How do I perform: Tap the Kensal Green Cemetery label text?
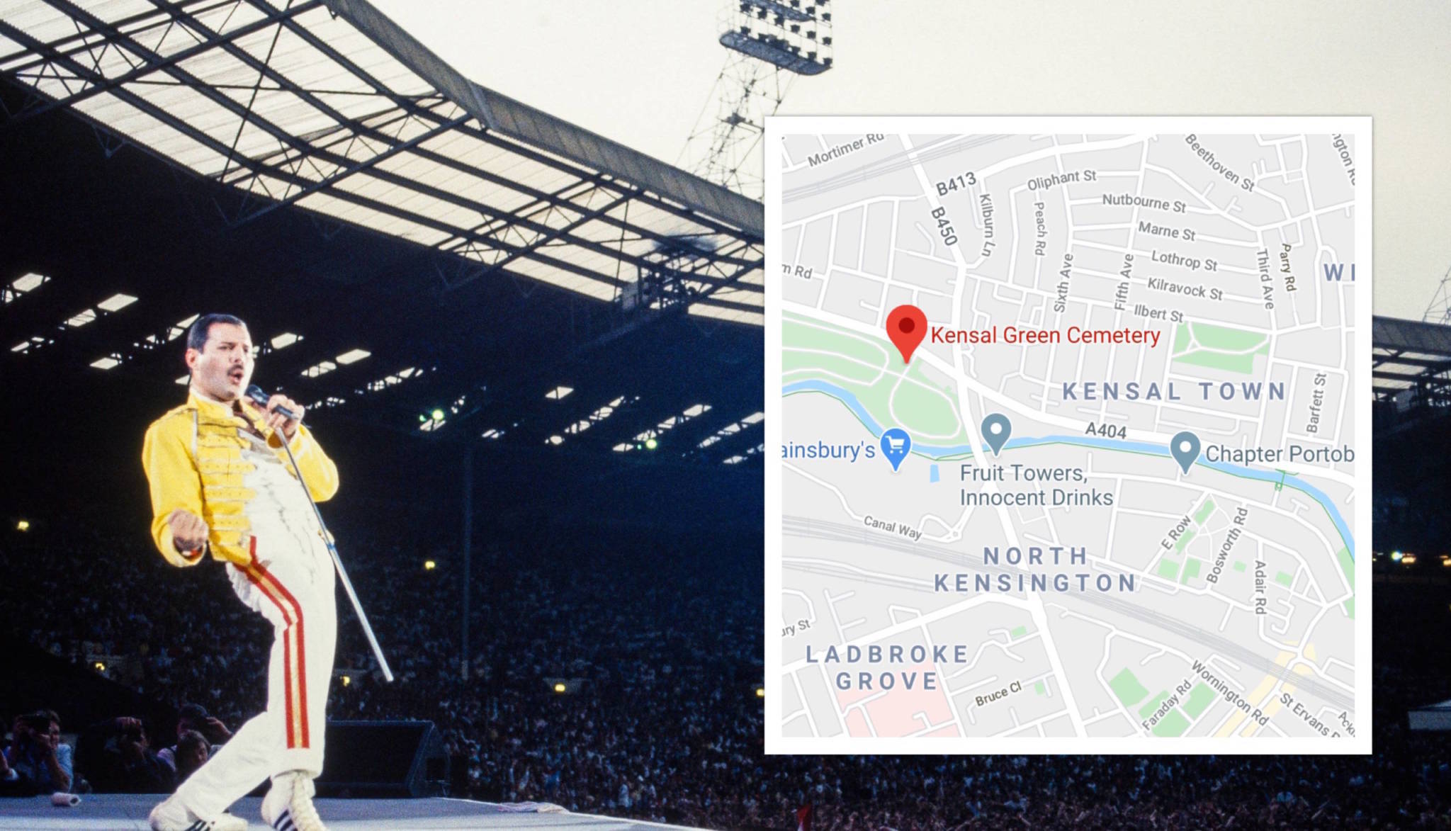tap(1045, 336)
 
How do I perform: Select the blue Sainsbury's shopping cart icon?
tap(896, 446)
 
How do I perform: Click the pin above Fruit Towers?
tap(996, 431)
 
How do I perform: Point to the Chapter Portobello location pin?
tap(1185, 450)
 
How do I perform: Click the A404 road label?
tap(1105, 430)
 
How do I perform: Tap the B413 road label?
tap(956, 183)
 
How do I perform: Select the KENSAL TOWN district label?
tap(1174, 391)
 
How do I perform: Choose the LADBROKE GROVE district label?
tap(887, 667)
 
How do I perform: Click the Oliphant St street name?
tap(1061, 180)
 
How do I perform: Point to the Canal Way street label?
tap(893, 526)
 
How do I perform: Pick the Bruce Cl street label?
tap(998, 694)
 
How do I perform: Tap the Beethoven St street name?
tap(1219, 163)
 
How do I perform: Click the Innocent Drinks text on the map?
tap(1036, 498)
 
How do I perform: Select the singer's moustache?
tap(236, 371)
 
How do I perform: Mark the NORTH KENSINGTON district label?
tap(1035, 570)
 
